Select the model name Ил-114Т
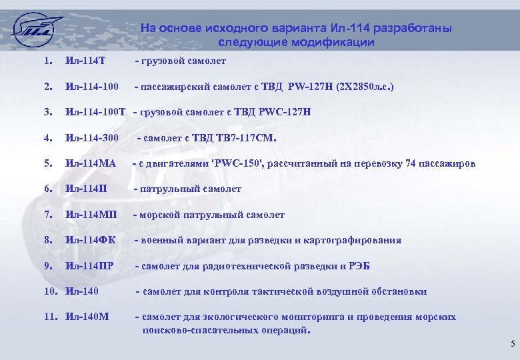point(87,61)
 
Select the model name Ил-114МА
point(91,163)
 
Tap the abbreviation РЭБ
point(359,266)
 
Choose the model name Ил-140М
point(87,317)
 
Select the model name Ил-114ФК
point(89,240)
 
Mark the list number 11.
point(51,317)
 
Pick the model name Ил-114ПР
point(89,266)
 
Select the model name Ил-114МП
point(91,215)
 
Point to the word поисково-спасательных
point(193,329)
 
